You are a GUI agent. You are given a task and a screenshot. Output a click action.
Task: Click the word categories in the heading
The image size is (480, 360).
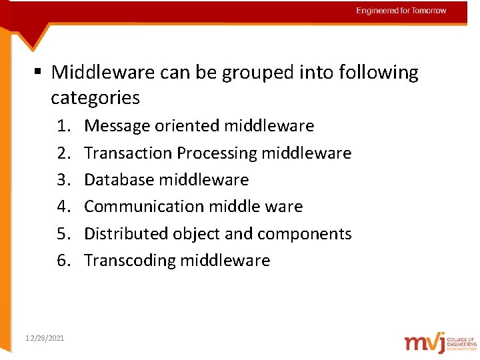coord(95,98)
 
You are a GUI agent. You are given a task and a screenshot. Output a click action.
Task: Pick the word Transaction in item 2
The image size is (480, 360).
coord(128,153)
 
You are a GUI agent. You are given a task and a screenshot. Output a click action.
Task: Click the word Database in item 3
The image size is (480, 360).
coord(117,179)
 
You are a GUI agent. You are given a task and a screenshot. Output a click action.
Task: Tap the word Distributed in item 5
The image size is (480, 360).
coord(125,233)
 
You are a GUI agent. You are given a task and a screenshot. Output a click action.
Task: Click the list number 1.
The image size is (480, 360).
coord(63,125)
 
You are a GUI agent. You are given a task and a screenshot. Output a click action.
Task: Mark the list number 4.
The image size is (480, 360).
coord(63,207)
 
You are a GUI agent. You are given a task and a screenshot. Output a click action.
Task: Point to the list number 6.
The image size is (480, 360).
coord(63,260)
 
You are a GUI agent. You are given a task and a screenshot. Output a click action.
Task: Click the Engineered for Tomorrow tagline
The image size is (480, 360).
coord(401,11)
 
